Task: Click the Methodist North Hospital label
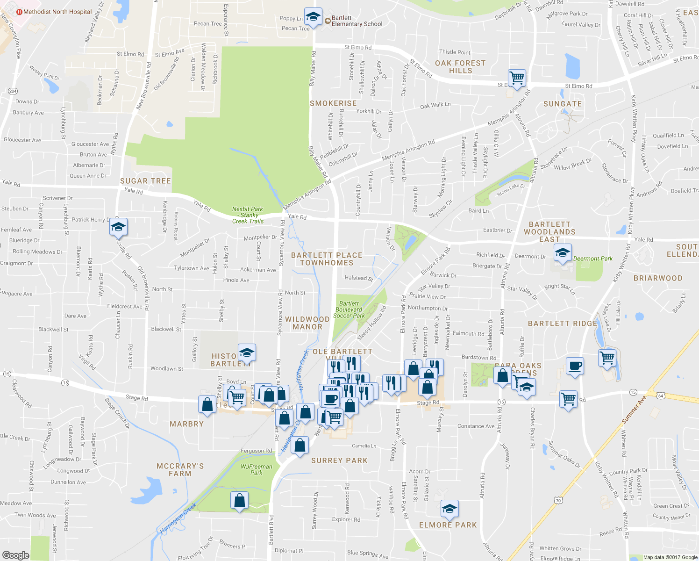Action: [57, 12]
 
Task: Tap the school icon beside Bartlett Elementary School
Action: [313, 17]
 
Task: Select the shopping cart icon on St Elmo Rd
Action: [517, 78]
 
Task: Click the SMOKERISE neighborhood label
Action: [333, 103]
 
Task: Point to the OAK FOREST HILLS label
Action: [460, 67]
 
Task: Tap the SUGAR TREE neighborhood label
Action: [145, 181]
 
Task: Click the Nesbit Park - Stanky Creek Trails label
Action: [248, 215]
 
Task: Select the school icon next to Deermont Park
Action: [563, 253]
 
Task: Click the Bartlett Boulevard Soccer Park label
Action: [349, 309]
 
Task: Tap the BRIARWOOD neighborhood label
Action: [658, 278]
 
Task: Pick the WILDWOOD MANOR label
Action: [307, 323]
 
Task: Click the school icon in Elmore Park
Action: [449, 509]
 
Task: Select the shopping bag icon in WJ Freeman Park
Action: [239, 501]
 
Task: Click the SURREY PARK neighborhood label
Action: [339, 460]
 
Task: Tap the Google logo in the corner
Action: [15, 555]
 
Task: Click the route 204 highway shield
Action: [13, 91]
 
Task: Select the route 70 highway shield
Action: [558, 501]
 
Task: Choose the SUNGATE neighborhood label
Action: [563, 104]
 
